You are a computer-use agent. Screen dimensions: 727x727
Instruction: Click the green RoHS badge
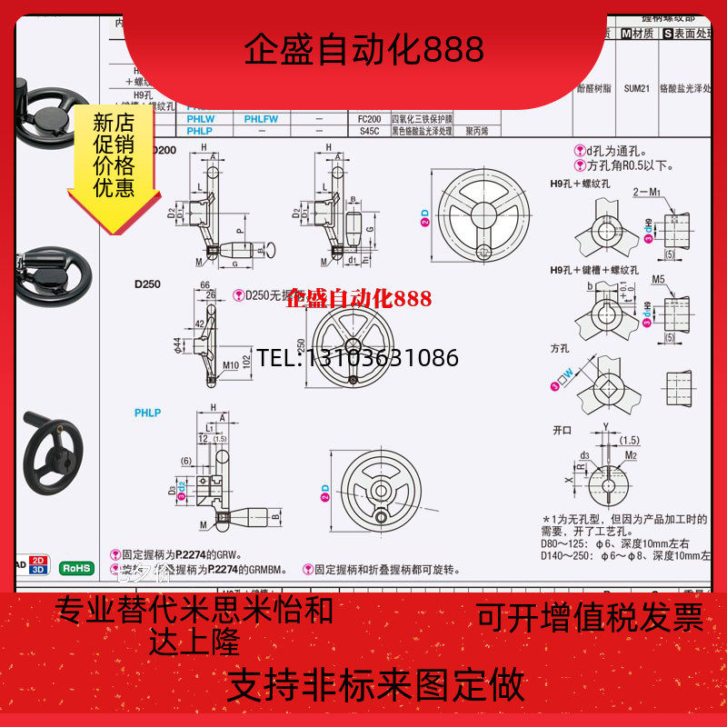click(76, 568)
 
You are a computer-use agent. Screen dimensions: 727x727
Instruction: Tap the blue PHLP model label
click(147, 413)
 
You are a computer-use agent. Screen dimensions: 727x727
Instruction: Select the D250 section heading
click(147, 284)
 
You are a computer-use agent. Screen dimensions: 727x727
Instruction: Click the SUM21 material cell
click(635, 90)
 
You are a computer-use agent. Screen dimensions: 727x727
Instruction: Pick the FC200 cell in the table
click(370, 119)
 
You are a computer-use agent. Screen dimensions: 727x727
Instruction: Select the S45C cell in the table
click(370, 131)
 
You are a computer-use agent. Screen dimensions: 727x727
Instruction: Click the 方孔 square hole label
click(559, 348)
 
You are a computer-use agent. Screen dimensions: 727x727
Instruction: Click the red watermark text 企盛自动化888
click(359, 298)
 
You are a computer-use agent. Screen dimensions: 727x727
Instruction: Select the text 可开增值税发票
click(591, 617)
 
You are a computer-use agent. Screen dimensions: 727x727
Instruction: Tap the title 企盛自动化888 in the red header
click(363, 49)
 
